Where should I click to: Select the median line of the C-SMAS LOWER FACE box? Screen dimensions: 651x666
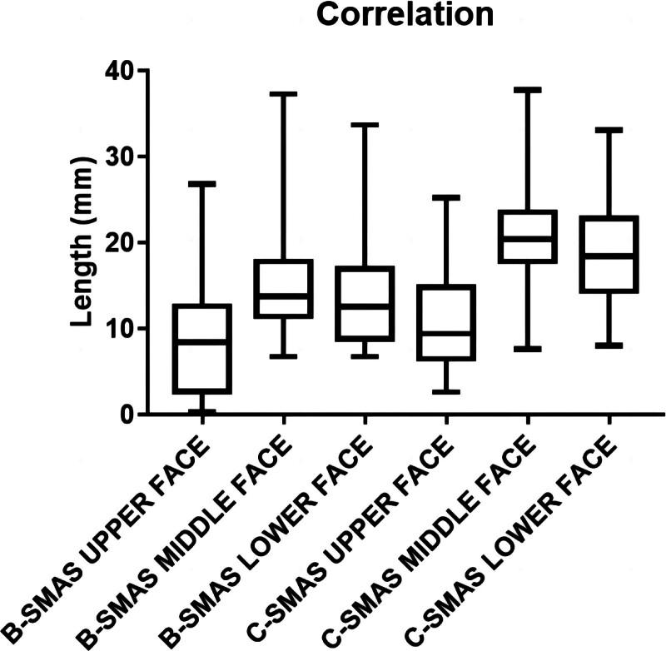pyautogui.click(x=608, y=256)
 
